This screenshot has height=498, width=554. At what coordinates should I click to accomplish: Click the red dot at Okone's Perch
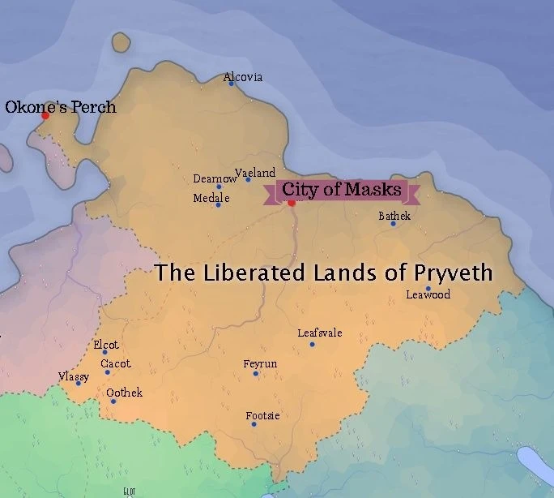pos(45,115)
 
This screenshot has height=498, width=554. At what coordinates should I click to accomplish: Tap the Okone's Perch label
pos(61,106)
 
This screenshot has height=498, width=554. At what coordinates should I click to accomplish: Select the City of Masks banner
pos(341,191)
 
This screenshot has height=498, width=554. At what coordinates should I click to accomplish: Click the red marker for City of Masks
pos(292,202)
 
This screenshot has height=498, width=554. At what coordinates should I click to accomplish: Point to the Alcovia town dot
pos(231,84)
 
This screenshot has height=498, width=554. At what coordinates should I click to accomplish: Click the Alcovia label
pos(243,77)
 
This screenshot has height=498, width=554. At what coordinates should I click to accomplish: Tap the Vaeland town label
pos(255,172)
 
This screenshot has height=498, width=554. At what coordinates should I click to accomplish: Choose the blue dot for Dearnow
pos(219,187)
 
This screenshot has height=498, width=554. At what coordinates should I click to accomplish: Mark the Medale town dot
pos(218,204)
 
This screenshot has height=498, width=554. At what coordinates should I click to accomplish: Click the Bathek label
pos(394,216)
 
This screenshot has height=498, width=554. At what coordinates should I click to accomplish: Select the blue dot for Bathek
pos(394,224)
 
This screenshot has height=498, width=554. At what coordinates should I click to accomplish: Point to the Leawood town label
pos(428,294)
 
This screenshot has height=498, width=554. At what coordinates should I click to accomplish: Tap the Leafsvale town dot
pos(312,345)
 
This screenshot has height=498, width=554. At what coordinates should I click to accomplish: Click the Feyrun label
pos(260,364)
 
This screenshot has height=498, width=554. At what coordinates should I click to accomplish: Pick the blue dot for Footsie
pos(254,424)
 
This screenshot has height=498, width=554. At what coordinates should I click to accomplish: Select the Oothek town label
pos(124,393)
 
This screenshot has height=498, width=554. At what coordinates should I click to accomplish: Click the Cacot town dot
pos(107,372)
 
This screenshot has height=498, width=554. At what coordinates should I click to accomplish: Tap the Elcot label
pos(106,345)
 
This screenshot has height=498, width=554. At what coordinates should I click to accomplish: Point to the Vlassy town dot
pos(79,383)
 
